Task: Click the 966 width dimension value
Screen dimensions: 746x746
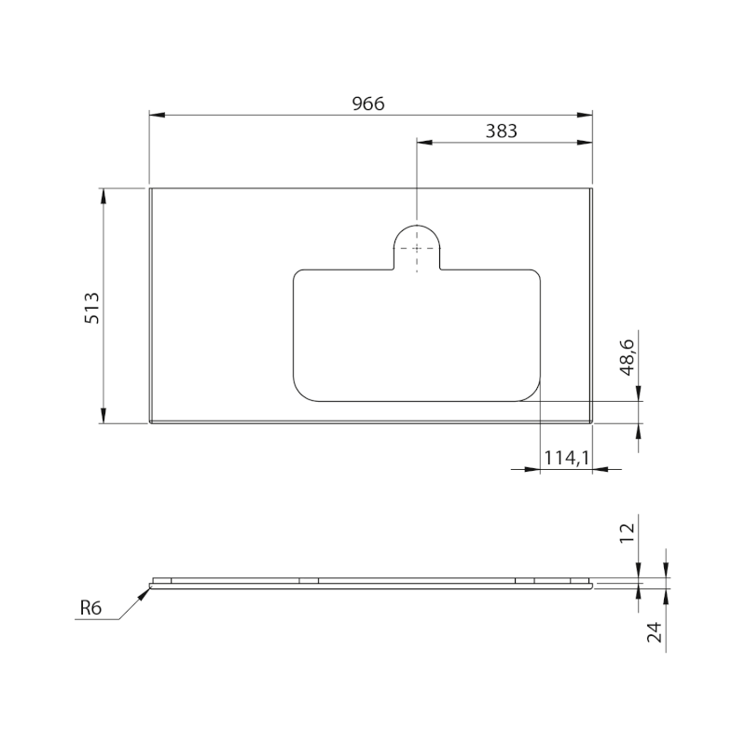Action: [x=368, y=104]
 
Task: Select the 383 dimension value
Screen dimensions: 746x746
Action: [x=501, y=131]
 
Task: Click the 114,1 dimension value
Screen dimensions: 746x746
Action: [x=567, y=457]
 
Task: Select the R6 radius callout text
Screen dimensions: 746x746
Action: [x=90, y=609]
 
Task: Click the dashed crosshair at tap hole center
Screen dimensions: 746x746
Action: [x=416, y=248]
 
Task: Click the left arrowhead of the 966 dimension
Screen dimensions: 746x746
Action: [x=157, y=115]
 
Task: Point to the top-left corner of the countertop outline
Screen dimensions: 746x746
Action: [x=150, y=188]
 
